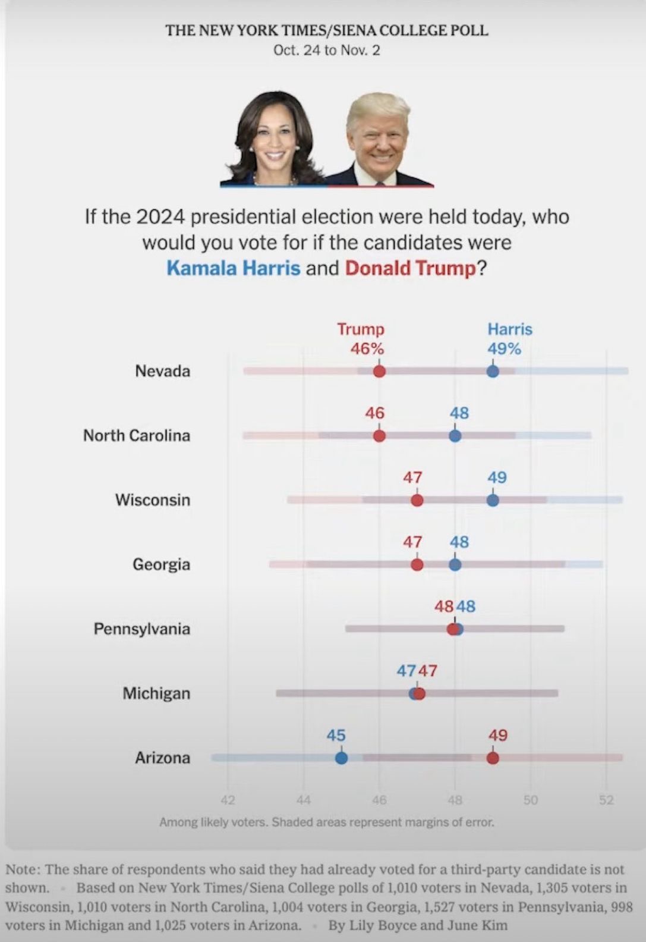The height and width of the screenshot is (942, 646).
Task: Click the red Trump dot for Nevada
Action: [x=379, y=372]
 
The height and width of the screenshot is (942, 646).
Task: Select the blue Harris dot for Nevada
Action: [x=493, y=372]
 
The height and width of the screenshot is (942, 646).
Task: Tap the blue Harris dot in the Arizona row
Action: [x=341, y=758]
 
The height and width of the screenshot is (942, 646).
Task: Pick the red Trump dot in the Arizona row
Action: [x=493, y=758]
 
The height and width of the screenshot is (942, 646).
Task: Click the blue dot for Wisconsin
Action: [x=493, y=500]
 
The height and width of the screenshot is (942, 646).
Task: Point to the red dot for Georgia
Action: [x=417, y=564]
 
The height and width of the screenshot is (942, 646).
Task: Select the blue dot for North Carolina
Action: [x=455, y=436]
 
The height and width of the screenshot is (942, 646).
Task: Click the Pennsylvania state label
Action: [x=141, y=629]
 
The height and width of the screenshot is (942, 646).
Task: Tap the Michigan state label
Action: [x=156, y=693]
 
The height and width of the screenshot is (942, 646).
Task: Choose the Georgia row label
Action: [x=161, y=564]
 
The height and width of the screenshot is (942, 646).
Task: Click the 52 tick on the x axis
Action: [x=606, y=800]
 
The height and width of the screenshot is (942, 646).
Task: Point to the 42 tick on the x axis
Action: [x=228, y=800]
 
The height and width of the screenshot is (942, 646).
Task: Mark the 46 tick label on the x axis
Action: [x=379, y=800]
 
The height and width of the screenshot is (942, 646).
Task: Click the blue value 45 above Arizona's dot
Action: [x=336, y=735]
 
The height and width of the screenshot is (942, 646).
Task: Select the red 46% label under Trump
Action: [x=367, y=348]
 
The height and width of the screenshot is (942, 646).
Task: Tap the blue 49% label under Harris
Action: [x=504, y=348]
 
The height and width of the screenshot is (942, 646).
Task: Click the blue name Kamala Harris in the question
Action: [x=233, y=268]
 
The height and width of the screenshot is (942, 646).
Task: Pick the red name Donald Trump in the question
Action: [x=411, y=268]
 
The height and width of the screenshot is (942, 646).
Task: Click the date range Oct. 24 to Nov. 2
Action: [x=326, y=50]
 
